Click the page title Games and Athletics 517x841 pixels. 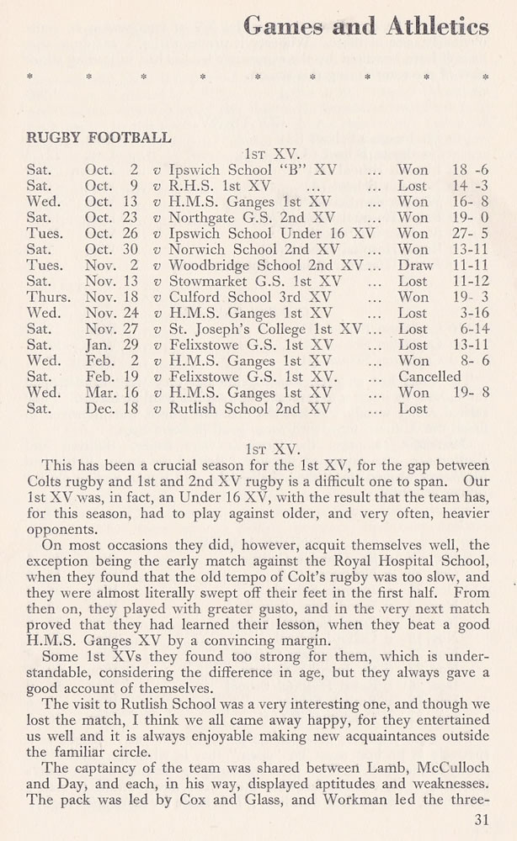(365, 28)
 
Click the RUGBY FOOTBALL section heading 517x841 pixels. (100, 137)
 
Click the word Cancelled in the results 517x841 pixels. (429, 377)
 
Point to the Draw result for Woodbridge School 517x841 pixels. (415, 265)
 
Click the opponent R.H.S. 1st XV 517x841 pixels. (220, 186)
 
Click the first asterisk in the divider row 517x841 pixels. (30, 77)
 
